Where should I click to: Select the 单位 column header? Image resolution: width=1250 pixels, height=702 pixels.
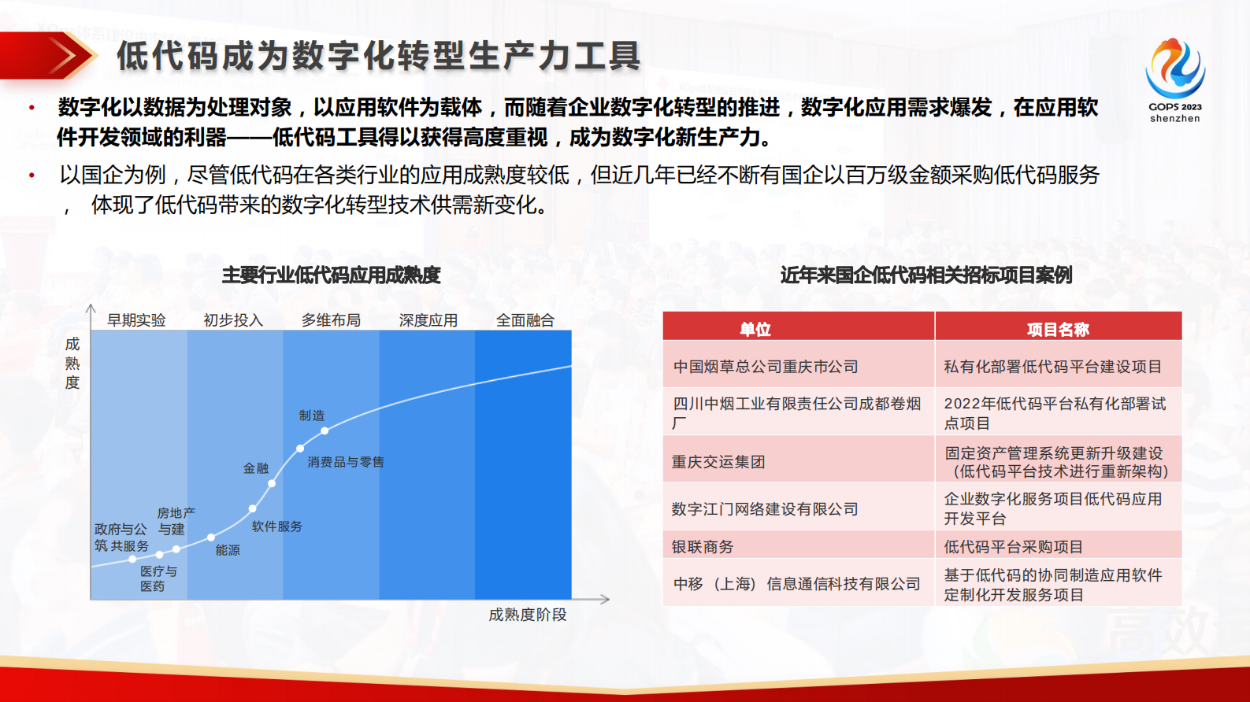coord(755,330)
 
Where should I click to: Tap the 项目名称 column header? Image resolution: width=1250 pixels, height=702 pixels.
coord(1058,330)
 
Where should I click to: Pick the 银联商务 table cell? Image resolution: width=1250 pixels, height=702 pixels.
coord(703,547)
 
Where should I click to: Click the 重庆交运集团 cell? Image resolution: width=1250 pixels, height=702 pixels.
coord(718,462)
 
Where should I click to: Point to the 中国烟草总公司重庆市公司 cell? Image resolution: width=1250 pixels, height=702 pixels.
coord(766,367)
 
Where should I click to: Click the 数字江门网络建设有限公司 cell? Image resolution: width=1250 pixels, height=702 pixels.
coord(765,509)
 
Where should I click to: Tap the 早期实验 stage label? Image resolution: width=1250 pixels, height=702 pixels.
coord(136,320)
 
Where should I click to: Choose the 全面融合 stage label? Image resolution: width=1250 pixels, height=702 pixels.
coord(525,320)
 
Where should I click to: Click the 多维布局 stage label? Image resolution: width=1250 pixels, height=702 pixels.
coord(331,320)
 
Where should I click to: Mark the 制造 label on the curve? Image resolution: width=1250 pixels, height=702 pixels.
coord(312,416)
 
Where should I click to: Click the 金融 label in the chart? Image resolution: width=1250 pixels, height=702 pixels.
coord(256,468)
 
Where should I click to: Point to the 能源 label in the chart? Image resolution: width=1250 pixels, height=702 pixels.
coord(228,550)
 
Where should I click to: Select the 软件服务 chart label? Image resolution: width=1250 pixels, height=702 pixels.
coord(277,526)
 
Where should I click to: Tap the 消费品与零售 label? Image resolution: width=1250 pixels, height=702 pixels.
coord(346,462)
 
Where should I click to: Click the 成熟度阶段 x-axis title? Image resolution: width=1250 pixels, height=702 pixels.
coord(528,615)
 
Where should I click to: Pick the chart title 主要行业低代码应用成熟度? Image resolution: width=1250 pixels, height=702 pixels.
coord(332,275)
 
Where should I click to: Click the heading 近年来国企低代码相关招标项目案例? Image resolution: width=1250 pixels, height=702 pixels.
coord(926,275)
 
